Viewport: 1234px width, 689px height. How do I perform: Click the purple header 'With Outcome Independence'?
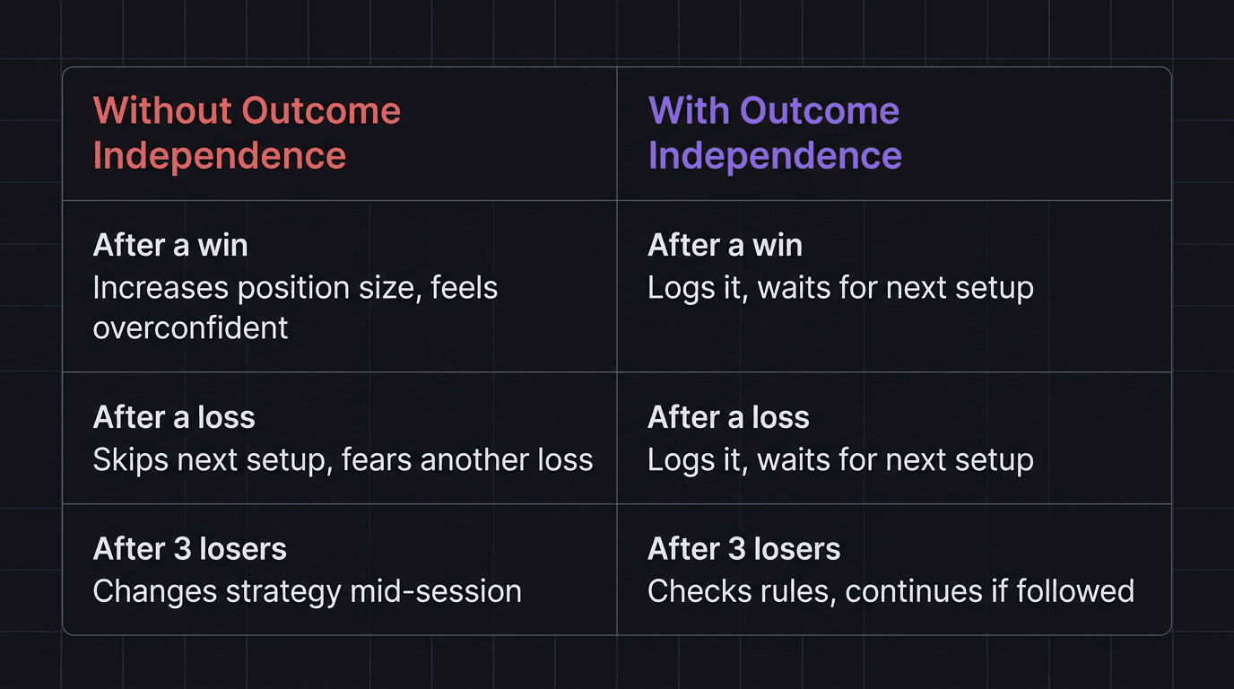click(774, 133)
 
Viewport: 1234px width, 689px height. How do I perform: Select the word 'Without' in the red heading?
click(162, 111)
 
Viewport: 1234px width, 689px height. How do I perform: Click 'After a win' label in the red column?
click(170, 245)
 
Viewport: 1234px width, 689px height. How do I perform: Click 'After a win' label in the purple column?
click(725, 245)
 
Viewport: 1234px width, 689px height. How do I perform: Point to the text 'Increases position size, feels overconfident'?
click(295, 307)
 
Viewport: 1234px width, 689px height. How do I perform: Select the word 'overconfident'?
click(190, 327)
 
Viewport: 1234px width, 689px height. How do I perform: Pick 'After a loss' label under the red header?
click(174, 417)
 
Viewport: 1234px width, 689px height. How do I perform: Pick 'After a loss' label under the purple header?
click(728, 417)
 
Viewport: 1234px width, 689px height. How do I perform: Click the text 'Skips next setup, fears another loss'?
click(343, 460)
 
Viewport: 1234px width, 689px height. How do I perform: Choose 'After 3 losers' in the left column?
click(189, 549)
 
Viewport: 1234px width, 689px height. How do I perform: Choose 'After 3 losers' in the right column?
click(743, 549)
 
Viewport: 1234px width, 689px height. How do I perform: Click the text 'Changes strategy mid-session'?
click(307, 591)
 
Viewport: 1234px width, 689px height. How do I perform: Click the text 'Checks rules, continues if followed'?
click(891, 591)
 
